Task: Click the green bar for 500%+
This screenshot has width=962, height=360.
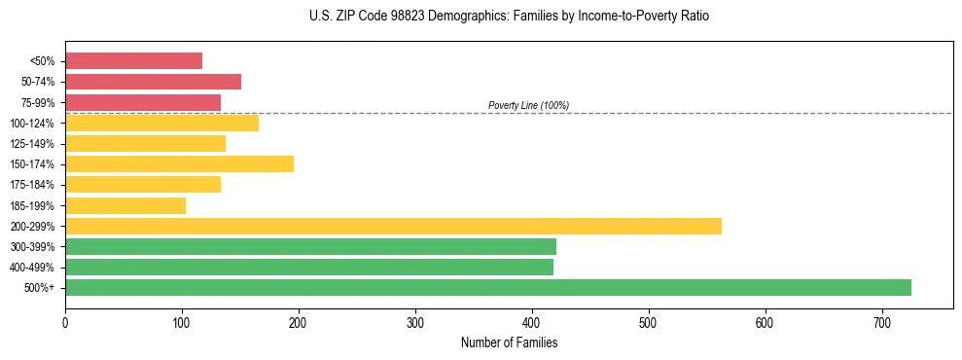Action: (x=487, y=287)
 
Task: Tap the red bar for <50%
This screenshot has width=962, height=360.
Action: (x=133, y=60)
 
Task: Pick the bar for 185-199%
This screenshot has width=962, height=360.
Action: (x=125, y=205)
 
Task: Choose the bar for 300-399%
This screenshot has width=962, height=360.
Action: (x=310, y=246)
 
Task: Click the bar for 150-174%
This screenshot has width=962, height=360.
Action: (x=179, y=163)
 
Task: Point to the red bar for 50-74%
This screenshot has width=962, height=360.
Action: (x=153, y=82)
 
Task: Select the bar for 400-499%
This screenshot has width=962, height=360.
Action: (x=309, y=267)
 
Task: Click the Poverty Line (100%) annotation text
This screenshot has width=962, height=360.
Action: (x=528, y=105)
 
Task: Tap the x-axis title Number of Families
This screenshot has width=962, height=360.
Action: (x=509, y=342)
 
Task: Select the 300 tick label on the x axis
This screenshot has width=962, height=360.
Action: (x=415, y=322)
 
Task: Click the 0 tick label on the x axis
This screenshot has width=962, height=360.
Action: (x=65, y=322)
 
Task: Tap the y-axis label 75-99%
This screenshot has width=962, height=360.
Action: (x=37, y=103)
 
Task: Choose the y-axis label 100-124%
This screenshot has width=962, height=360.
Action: (x=34, y=124)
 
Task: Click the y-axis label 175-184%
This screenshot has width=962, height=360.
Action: (x=34, y=185)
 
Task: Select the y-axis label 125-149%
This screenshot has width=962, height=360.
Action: (x=34, y=144)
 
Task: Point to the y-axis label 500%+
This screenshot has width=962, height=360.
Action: (x=39, y=288)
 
